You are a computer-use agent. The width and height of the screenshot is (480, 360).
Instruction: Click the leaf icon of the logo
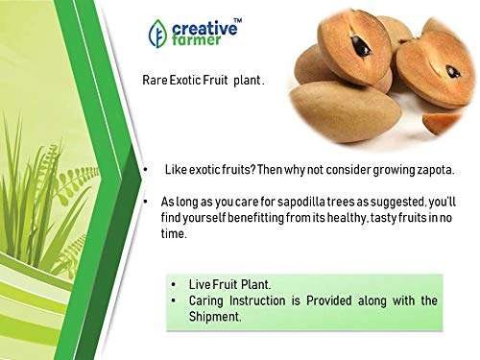click(x=157, y=34)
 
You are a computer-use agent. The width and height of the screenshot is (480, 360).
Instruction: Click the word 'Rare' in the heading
click(x=155, y=82)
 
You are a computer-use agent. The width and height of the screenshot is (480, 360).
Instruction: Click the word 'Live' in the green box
click(x=199, y=285)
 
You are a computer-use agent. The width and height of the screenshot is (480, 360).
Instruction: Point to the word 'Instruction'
click(x=265, y=301)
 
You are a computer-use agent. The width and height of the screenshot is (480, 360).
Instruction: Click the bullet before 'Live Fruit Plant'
click(x=174, y=285)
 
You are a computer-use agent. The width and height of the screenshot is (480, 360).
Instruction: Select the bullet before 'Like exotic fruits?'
click(x=144, y=171)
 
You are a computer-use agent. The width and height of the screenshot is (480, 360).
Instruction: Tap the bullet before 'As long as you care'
click(x=144, y=203)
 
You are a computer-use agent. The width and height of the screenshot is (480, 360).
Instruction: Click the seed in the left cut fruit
click(x=361, y=45)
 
